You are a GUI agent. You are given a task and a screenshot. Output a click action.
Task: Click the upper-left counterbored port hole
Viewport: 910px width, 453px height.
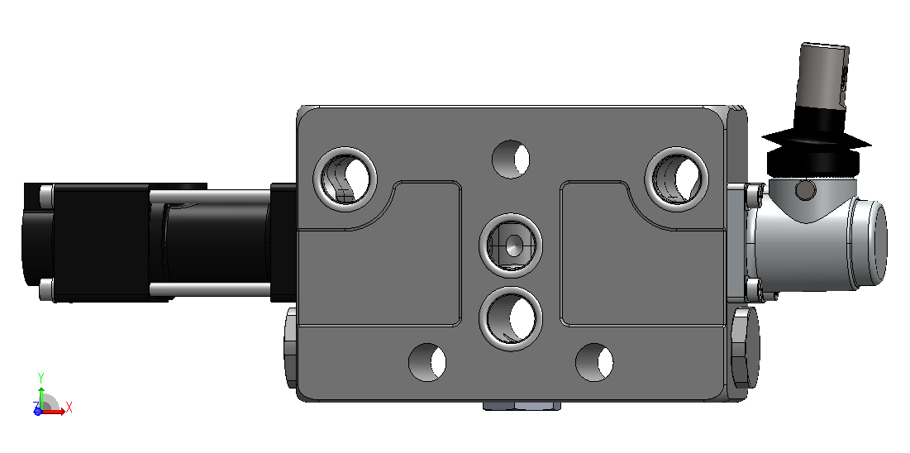tap(345, 179)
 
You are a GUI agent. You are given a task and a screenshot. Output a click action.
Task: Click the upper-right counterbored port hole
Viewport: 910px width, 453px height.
tap(677, 179)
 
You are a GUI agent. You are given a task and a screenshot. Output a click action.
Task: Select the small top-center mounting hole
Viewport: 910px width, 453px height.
tap(511, 159)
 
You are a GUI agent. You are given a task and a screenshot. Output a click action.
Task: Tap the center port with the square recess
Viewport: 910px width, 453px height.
tap(511, 245)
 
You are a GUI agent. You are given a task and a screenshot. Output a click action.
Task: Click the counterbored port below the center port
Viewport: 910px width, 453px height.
tap(511, 319)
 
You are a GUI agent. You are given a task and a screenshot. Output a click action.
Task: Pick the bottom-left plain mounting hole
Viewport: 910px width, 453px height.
tap(427, 362)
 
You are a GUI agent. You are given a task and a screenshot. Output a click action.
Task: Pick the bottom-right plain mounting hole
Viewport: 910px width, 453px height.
tap(594, 362)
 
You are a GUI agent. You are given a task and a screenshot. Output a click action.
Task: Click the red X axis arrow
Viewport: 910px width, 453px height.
tap(55, 412)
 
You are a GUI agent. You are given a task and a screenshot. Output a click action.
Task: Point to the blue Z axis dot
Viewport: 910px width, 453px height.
tap(38, 411)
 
